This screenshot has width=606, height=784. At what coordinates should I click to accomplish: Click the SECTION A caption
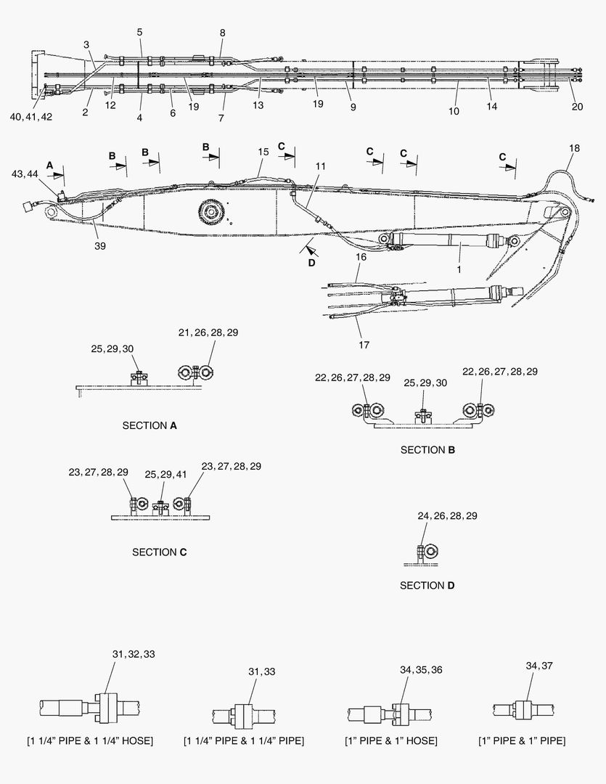coord(150,425)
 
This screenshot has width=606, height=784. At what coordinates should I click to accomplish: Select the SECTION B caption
coord(427,450)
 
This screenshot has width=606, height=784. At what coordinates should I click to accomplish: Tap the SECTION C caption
coord(160,552)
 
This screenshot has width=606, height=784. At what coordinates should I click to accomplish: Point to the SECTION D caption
coord(427,586)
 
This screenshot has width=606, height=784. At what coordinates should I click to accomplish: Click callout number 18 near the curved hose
coord(574,148)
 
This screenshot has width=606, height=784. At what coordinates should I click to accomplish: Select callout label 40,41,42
coord(31,117)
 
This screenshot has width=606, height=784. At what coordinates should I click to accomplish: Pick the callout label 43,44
coord(25,173)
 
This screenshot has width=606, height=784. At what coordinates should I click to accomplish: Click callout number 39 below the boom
coord(100,246)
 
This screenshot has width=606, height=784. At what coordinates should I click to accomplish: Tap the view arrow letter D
coord(311,263)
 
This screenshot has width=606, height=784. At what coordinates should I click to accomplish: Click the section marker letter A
coord(49,165)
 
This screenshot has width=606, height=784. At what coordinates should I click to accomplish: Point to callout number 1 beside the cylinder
coord(459,269)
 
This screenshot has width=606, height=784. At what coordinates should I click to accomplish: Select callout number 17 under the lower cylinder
coord(364,345)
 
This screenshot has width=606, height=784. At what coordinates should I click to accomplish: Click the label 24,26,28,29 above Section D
coord(448,516)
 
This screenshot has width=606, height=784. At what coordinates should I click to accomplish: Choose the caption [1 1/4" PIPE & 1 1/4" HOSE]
coord(90,740)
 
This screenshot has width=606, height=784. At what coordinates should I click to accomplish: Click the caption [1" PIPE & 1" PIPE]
coord(522,740)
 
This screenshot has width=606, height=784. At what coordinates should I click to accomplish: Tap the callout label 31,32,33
coord(134,654)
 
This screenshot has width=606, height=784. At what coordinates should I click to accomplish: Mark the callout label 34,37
coord(539,666)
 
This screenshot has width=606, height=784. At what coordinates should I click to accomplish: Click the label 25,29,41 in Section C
coord(165,474)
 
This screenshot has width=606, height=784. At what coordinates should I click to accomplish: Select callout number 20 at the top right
coord(577,107)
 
